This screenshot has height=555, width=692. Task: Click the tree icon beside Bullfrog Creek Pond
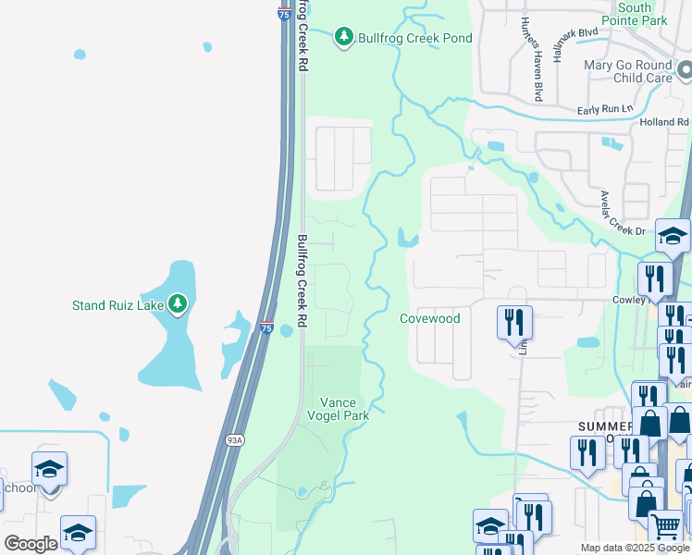[344, 37]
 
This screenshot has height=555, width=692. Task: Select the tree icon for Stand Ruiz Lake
[178, 303]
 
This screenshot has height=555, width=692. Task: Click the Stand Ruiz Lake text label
[117, 304]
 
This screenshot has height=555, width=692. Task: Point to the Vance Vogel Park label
[344, 409]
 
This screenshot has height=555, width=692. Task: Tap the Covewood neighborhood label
[429, 318]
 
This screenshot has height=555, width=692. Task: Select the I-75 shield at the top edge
[283, 13]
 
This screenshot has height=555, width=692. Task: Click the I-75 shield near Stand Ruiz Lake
[266, 327]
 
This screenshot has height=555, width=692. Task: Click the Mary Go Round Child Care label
[628, 71]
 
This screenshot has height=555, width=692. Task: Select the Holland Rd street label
[664, 121]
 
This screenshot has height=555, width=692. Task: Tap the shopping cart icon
[665, 526]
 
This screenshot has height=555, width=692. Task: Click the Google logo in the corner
[30, 544]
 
